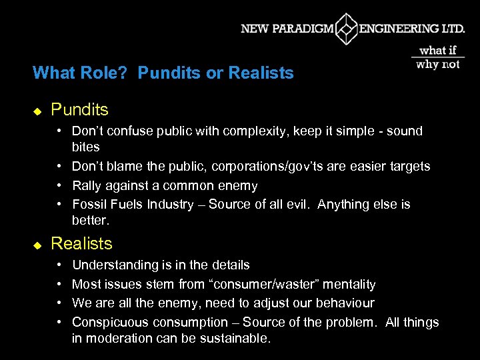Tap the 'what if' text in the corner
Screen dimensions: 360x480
tap(437, 50)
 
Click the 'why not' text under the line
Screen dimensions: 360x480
tap(437, 64)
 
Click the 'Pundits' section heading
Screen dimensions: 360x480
tap(79, 109)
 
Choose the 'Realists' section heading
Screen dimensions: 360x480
tap(81, 243)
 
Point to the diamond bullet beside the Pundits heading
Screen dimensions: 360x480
tap(37, 110)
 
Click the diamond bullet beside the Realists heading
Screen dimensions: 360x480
tap(37, 245)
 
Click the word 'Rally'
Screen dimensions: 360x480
tap(86, 185)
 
